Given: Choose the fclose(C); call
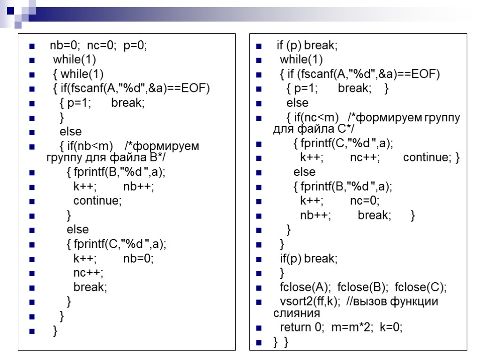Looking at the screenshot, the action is (x=420, y=287).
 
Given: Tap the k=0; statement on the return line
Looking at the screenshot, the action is (x=391, y=327).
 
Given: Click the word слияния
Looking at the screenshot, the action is (x=296, y=313).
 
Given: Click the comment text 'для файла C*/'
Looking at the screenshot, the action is (x=314, y=128).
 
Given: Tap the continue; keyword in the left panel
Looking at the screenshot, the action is (x=97, y=201).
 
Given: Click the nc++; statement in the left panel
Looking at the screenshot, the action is (x=88, y=273).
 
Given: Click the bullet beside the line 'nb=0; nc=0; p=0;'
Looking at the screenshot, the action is (x=32, y=46).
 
